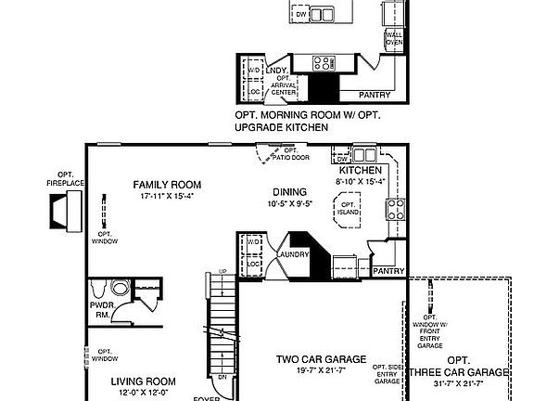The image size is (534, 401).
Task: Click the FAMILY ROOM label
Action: pos(168,184)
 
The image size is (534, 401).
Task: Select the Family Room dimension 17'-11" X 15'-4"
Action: pos(168,197)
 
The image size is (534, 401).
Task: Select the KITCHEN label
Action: pos(360,172)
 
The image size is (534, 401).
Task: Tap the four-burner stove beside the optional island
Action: pos(393,208)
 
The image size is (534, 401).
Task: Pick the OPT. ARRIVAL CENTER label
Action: pos(283,85)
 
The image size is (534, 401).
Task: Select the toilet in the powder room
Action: pos(118,289)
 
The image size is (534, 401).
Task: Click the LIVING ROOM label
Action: pos(144,381)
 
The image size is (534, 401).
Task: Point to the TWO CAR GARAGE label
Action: pos(321,359)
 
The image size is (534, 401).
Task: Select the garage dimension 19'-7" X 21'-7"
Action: pos(321,371)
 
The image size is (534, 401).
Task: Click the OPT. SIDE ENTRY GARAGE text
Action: pos(387,374)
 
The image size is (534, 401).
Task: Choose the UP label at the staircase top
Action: pos(221,271)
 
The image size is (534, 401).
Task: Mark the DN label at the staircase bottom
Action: pos(222,378)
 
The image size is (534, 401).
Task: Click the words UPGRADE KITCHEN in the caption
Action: pos(281,127)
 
